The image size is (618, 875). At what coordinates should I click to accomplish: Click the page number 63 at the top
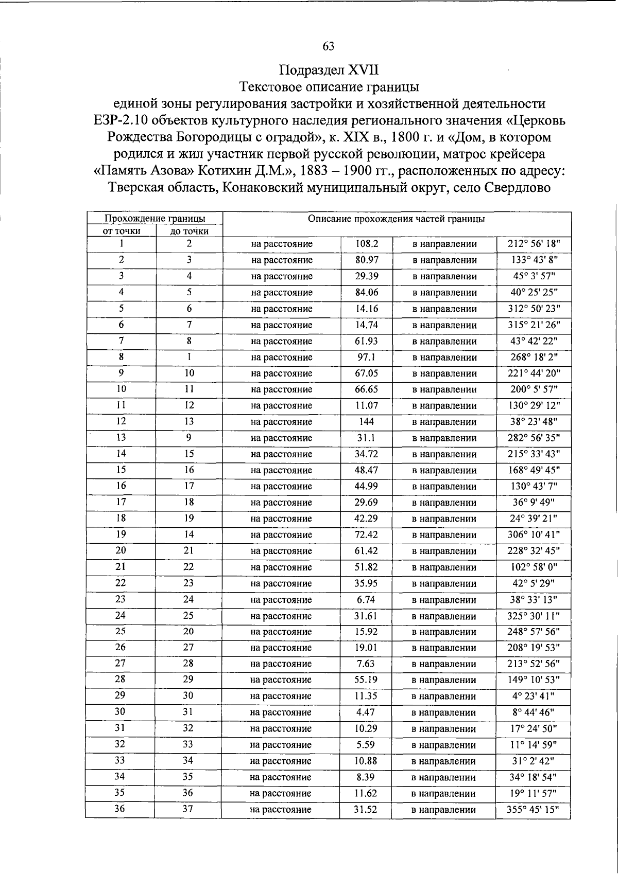329,46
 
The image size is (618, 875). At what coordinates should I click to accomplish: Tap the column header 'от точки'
122,231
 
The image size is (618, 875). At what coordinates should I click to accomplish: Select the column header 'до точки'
189,231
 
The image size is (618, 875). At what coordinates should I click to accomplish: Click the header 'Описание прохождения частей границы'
396,219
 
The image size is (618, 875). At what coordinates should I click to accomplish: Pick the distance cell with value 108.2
367,244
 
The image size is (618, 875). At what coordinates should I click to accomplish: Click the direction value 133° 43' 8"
534,260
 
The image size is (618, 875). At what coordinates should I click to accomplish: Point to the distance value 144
367,422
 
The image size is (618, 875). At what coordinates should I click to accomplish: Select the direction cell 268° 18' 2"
534,357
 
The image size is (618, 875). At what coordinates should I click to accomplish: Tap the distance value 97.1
367,357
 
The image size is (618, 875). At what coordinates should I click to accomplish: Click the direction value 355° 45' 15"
534,809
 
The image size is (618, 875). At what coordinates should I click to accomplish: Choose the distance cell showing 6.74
366,600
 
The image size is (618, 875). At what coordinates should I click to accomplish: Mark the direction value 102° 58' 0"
534,567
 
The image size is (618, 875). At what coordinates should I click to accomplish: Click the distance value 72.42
366,535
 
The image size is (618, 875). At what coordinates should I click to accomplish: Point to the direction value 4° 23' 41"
534,696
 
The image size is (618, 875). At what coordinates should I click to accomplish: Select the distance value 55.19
366,680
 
